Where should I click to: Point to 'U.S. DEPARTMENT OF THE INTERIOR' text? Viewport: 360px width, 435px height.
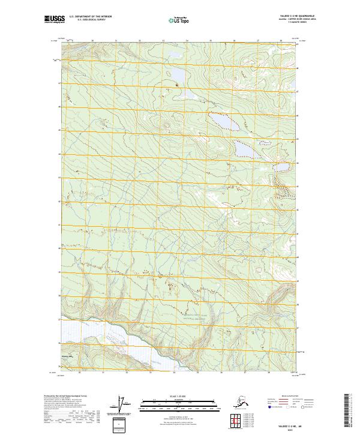click(86, 16)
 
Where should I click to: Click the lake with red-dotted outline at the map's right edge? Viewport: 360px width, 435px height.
click(282, 167)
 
